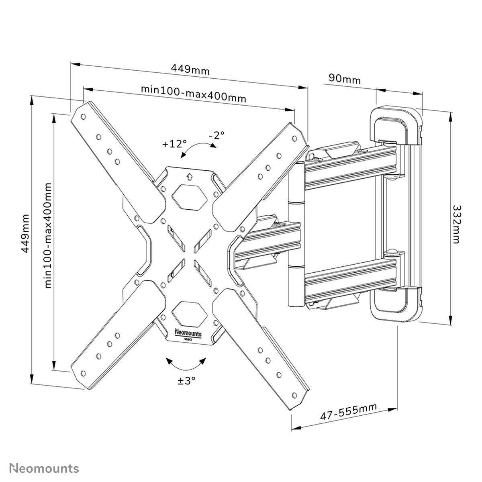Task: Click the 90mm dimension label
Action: pyautogui.click(x=344, y=79)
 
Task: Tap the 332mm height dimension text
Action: pyautogui.click(x=456, y=225)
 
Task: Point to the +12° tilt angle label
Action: pyautogui.click(x=174, y=144)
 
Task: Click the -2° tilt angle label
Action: pyautogui.click(x=216, y=135)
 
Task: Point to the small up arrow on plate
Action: pyautogui.click(x=189, y=177)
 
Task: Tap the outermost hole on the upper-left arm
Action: pyautogui.click(x=83, y=116)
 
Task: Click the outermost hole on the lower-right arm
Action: pyautogui.click(x=294, y=395)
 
